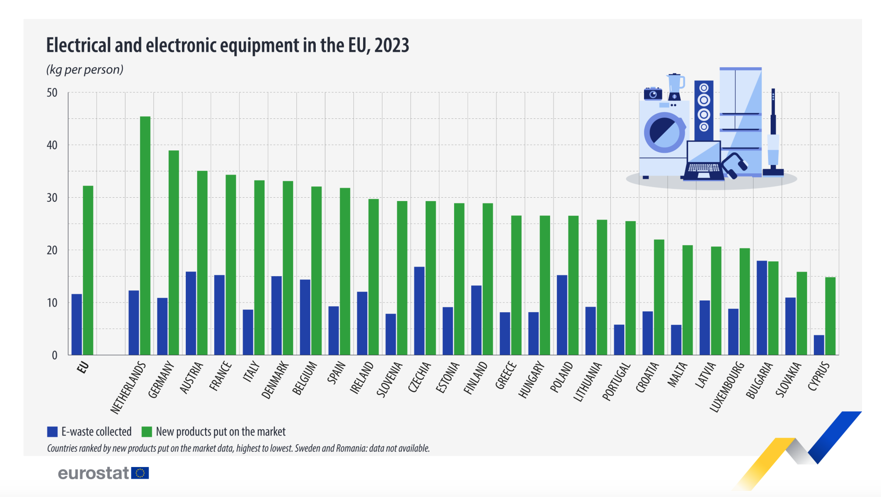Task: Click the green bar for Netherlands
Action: point(145,235)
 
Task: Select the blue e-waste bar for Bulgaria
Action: point(762,308)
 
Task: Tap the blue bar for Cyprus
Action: point(819,345)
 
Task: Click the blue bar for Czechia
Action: point(419,311)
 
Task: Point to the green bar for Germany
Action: point(174,252)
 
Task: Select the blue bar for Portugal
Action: point(619,340)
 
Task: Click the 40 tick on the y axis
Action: point(52,145)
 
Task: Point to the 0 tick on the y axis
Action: point(55,355)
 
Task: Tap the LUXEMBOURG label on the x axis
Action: point(727,387)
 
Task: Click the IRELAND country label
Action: point(362,377)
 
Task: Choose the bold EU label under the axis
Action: point(83,367)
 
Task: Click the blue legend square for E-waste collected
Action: point(52,432)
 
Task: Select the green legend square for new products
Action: point(147,432)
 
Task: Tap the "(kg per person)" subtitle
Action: point(85,70)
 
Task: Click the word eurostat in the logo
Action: point(93,473)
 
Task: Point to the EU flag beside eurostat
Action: point(140,473)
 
